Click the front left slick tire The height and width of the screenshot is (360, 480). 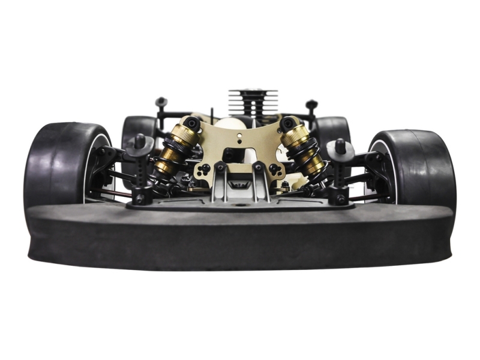[57, 162]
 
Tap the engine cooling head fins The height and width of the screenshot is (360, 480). [253, 102]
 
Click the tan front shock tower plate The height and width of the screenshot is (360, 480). [240, 150]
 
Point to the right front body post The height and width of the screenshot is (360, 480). [340, 146]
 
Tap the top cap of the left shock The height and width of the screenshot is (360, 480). [191, 124]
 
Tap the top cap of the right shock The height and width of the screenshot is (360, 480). [288, 123]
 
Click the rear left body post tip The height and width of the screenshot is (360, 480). [161, 102]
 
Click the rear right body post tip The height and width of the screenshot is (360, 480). [311, 104]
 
